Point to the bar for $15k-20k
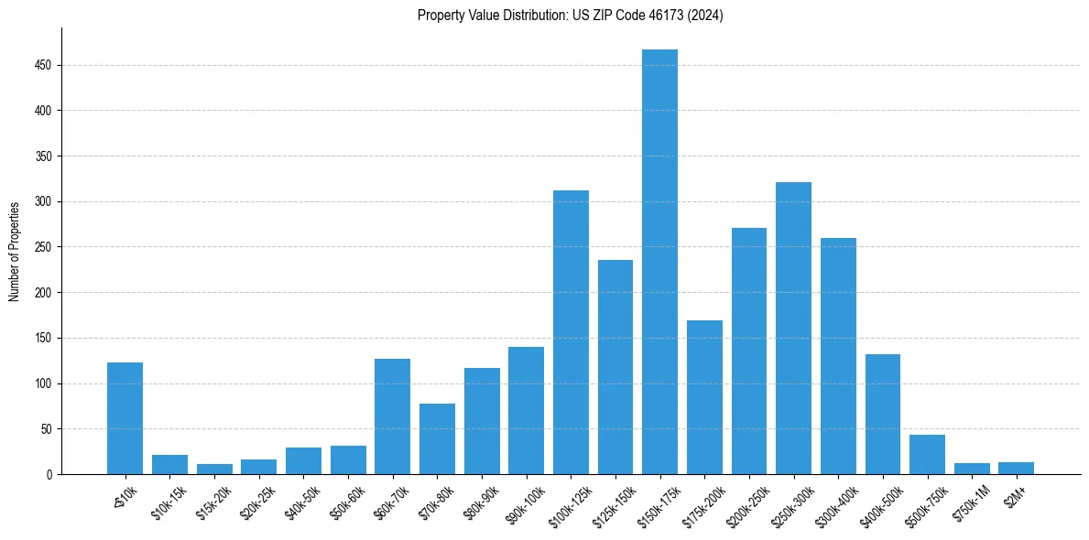point(214,469)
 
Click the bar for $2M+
point(1016,468)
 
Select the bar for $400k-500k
point(883,414)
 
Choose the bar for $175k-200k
point(704,397)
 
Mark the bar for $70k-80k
point(437,438)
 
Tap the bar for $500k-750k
point(927,454)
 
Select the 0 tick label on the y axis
point(50,474)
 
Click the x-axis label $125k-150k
point(610,502)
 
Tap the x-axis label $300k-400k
point(833,502)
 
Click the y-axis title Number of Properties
point(14,251)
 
